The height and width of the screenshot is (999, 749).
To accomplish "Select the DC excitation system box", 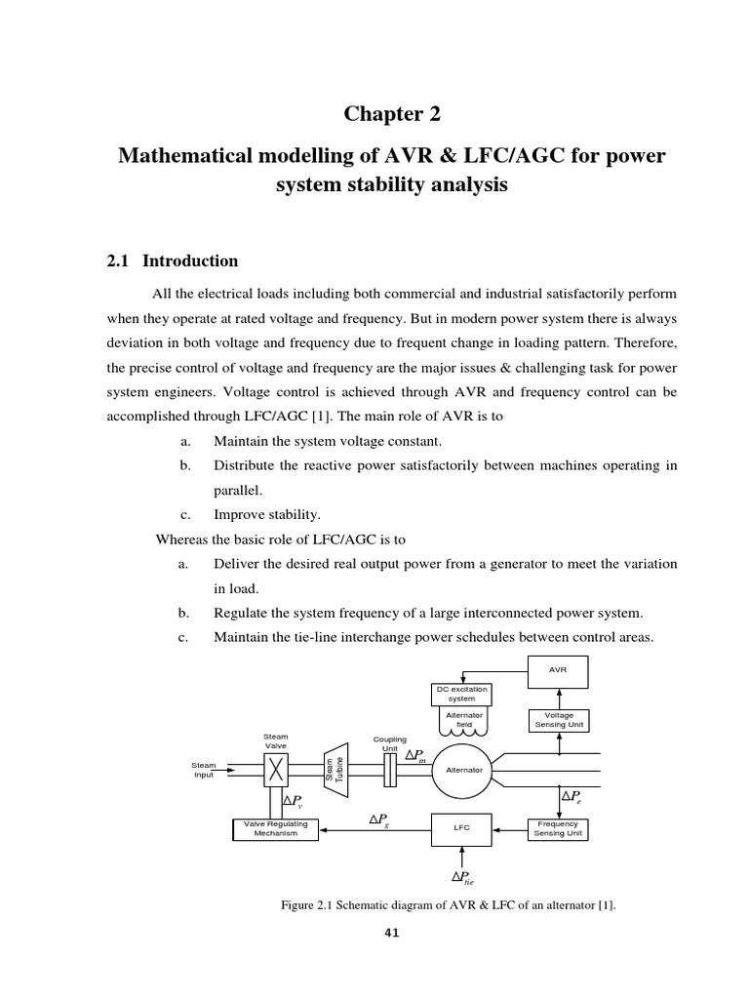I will click(461, 694).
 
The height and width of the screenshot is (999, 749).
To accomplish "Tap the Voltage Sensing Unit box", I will click(559, 720).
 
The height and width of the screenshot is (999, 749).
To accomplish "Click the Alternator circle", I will click(464, 771).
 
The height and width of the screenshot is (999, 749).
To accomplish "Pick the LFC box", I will click(462, 827).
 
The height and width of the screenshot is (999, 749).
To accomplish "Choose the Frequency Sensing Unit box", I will click(559, 828).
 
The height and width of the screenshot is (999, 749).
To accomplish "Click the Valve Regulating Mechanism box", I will click(275, 828).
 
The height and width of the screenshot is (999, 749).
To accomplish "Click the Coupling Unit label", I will click(390, 744).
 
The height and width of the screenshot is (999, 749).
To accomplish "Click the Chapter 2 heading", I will click(392, 115).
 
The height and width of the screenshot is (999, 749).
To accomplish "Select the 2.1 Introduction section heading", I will click(172, 260).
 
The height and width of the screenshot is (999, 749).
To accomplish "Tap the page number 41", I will click(392, 933).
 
